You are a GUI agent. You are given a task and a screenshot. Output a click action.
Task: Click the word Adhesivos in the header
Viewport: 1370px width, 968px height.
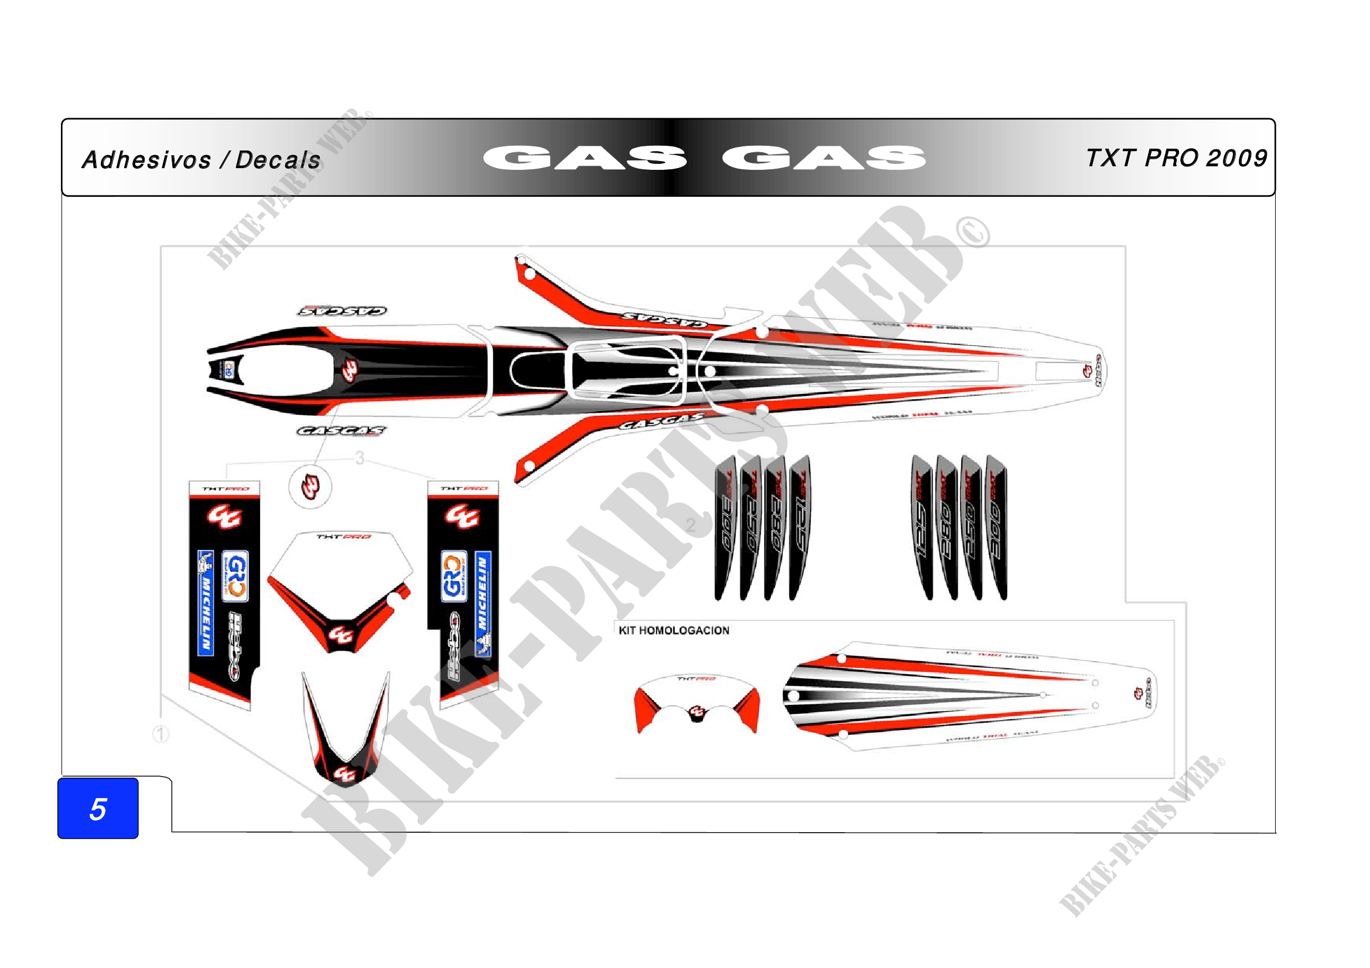click(146, 160)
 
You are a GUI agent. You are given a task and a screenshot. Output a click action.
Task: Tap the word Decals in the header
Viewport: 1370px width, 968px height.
click(278, 160)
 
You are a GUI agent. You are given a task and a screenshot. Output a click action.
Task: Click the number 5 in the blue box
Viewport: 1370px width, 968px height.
click(98, 809)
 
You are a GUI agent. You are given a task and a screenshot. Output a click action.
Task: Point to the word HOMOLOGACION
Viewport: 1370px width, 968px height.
click(684, 631)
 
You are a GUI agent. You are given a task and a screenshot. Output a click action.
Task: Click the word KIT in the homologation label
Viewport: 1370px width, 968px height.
click(627, 631)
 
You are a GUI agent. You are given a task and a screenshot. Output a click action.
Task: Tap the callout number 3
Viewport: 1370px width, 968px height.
click(359, 458)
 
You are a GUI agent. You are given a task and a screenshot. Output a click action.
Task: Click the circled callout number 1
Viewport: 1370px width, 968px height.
click(161, 734)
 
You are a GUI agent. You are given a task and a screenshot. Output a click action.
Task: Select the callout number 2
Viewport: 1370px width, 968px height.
click(691, 525)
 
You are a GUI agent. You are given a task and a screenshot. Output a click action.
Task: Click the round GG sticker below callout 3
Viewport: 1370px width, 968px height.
click(310, 487)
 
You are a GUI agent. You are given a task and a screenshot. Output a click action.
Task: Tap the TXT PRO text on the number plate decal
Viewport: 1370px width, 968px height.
click(344, 537)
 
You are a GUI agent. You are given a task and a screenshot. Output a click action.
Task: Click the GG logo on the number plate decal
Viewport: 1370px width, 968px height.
click(341, 635)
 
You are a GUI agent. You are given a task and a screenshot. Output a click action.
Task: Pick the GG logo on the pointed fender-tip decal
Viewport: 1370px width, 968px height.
click(344, 774)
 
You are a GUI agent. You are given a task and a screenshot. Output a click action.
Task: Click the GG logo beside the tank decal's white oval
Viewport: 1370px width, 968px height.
click(350, 371)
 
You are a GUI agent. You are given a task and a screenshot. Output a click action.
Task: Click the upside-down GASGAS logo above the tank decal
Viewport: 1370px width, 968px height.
click(342, 311)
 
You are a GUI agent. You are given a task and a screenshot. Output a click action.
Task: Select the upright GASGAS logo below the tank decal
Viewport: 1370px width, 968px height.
click(342, 430)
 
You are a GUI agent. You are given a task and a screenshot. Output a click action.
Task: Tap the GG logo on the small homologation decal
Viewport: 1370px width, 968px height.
click(697, 712)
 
